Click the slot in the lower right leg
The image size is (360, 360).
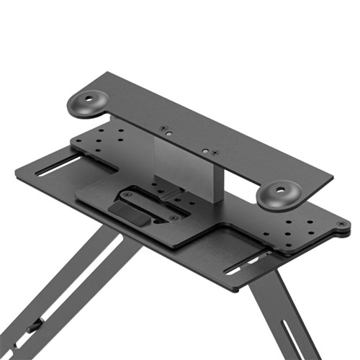pyautogui.click(x=299, y=338)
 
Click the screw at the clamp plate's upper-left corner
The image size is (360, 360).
pyautogui.click(x=127, y=194)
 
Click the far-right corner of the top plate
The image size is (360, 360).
pyautogui.click(x=333, y=175)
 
